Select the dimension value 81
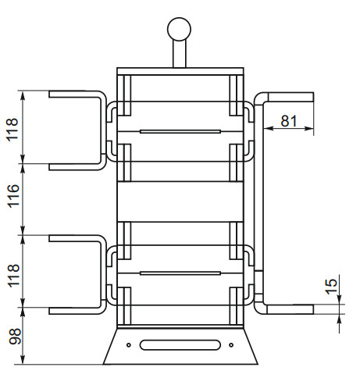[289, 119]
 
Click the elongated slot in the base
[180, 344]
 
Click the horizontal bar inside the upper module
[180, 131]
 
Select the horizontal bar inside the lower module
[180, 273]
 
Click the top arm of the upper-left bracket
[74, 94]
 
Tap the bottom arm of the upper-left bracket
[74, 165]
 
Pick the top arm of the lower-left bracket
[74, 237]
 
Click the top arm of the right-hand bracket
[289, 96]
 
